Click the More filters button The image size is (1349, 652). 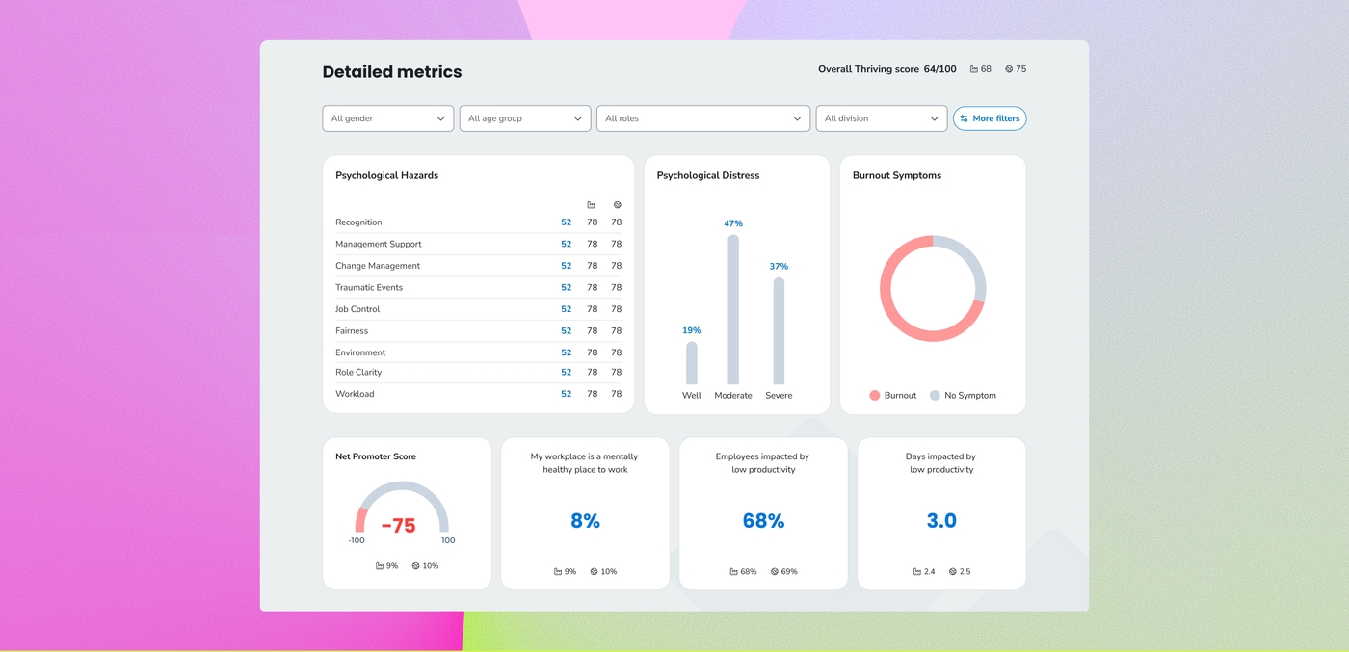(990, 118)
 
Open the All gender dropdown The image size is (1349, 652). (387, 118)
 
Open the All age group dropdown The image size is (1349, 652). (525, 118)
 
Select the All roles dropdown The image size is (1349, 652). (703, 118)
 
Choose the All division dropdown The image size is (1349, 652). (882, 118)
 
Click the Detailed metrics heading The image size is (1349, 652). (392, 71)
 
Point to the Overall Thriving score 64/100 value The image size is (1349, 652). (887, 69)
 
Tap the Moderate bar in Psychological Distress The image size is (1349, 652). (733, 309)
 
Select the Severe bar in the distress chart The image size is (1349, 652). (779, 330)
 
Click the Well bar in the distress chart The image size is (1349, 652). (692, 363)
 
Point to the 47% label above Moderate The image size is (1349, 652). (733, 223)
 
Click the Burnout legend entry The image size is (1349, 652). (893, 396)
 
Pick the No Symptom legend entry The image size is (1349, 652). (963, 396)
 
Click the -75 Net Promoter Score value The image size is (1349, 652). (399, 526)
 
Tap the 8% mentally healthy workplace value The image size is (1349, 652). (586, 521)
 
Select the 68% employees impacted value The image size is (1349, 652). (763, 521)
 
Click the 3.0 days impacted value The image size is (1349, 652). (941, 521)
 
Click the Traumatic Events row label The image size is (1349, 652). (369, 288)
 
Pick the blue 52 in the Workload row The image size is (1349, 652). (567, 394)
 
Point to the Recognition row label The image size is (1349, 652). (358, 222)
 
